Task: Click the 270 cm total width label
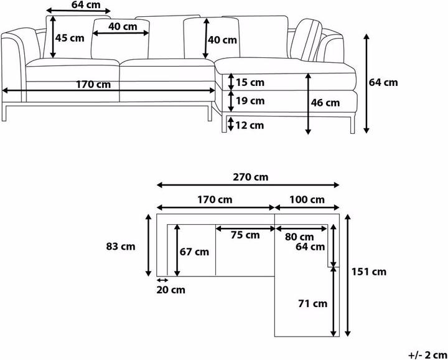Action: coord(251,177)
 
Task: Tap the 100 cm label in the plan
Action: coord(307,199)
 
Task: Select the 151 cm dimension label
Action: coord(369,272)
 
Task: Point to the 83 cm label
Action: coord(121,246)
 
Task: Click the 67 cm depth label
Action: coord(194,252)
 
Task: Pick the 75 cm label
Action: coord(245,235)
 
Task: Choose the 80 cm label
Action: coord(299,237)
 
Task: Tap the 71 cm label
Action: coord(312,303)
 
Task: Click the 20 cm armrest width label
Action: coord(170,290)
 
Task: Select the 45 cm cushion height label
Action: coord(70,38)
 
